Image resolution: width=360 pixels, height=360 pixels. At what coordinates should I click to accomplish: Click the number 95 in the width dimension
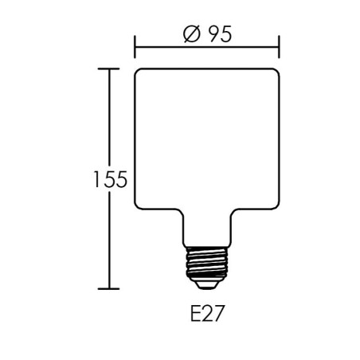[217, 36]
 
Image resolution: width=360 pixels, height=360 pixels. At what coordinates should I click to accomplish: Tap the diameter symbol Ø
[190, 36]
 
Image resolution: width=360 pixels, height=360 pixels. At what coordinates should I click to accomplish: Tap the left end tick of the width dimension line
[135, 46]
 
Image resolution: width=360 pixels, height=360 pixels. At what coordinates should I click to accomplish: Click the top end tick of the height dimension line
[108, 68]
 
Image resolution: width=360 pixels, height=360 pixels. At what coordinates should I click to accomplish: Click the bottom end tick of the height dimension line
[108, 288]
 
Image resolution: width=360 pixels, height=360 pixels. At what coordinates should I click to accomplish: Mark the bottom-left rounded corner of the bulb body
[140, 209]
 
